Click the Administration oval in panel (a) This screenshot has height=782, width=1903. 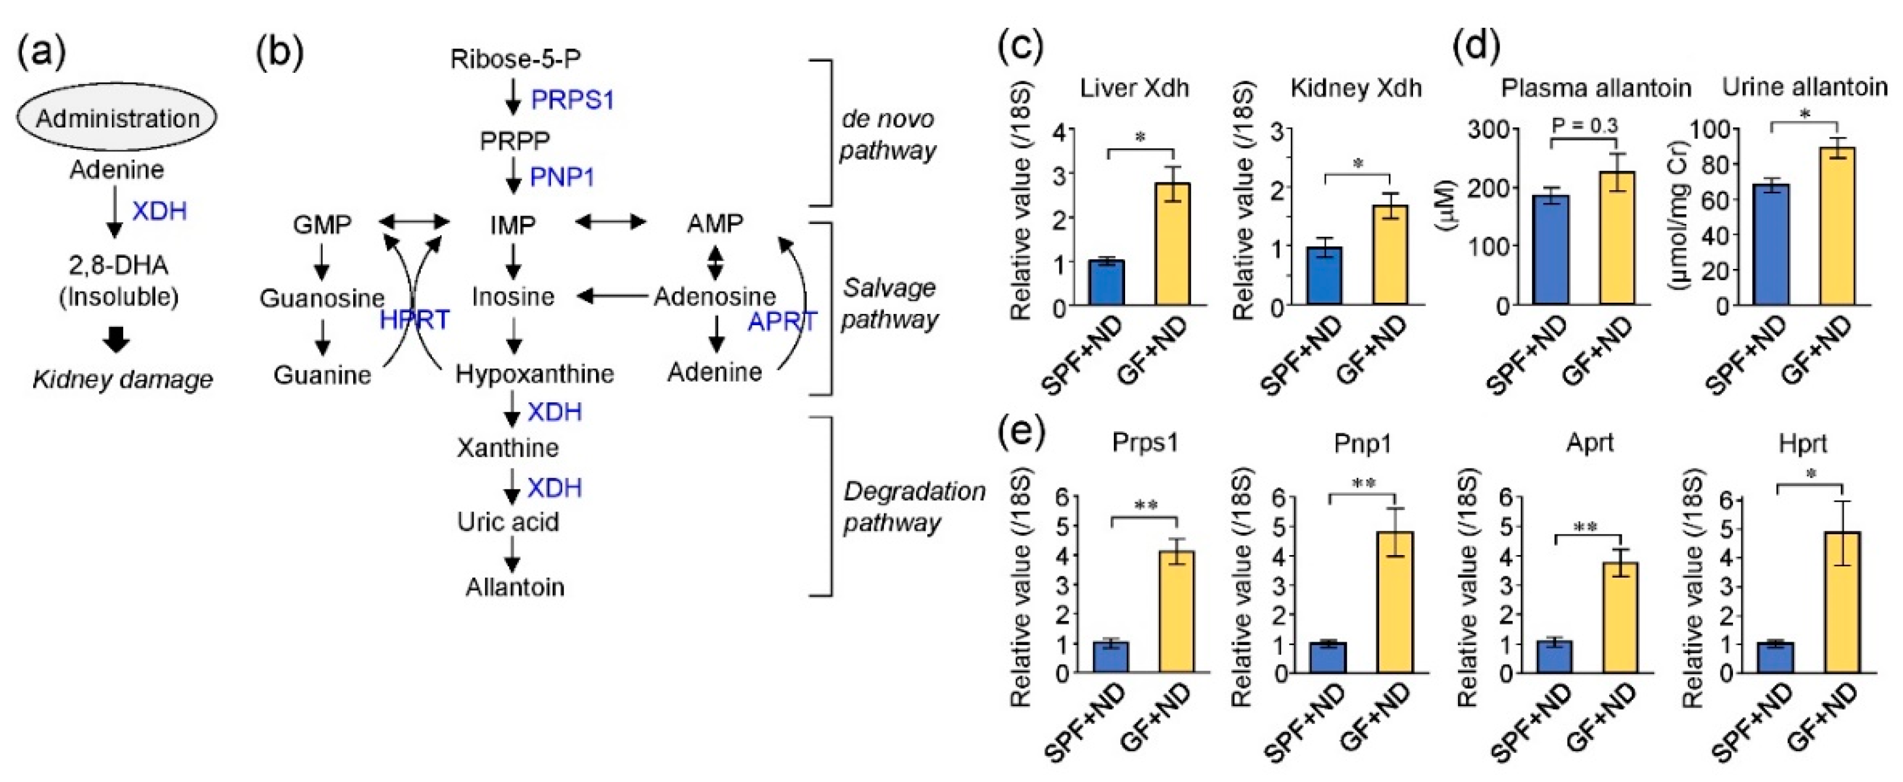(x=117, y=117)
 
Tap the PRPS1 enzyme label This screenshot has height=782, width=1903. (x=572, y=100)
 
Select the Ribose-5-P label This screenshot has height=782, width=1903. (x=515, y=58)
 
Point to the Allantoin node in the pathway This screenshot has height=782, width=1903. (x=515, y=587)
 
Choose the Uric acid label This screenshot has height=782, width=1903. (x=508, y=522)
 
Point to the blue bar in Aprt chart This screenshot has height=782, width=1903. (x=1554, y=656)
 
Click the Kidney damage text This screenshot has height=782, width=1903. (x=123, y=380)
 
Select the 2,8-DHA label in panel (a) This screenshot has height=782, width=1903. (x=118, y=265)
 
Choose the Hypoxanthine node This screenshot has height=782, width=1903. (x=534, y=374)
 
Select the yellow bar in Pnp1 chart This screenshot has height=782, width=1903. (x=1393, y=602)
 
